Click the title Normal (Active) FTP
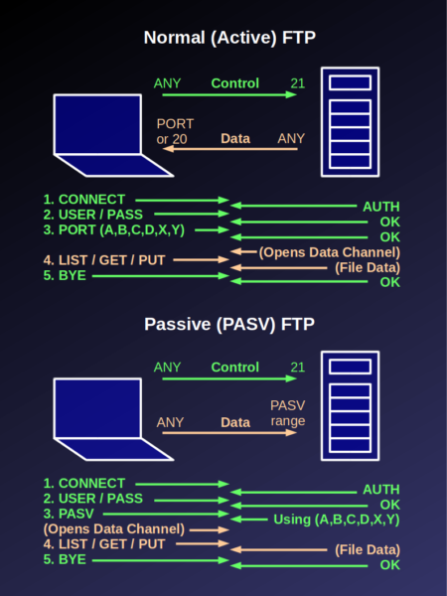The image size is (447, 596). tap(229, 38)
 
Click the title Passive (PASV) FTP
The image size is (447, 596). tap(229, 325)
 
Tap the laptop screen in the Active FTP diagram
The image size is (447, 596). tap(97, 124)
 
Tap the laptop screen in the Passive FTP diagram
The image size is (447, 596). tap(97, 408)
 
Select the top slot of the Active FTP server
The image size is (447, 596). tap(350, 82)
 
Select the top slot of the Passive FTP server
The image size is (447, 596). tap(350, 367)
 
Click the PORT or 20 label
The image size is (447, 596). tap(175, 131)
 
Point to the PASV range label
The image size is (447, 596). tap(288, 413)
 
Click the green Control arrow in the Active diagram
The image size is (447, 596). tap(229, 94)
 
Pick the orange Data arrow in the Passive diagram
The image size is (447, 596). tap(229, 432)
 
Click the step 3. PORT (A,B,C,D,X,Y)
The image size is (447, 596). tap(113, 230)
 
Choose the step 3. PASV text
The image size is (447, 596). tap(69, 514)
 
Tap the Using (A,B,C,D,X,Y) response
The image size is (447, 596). tap(337, 520)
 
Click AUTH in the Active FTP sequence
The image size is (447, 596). tap(381, 207)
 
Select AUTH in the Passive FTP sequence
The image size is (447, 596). tap(381, 490)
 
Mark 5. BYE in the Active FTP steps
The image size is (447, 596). tap(65, 275)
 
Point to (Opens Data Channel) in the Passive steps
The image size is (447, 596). tap(113, 529)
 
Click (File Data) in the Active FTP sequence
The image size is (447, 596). tap(368, 267)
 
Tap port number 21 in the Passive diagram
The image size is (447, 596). tap(298, 368)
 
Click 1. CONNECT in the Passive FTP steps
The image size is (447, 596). tap(84, 484)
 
